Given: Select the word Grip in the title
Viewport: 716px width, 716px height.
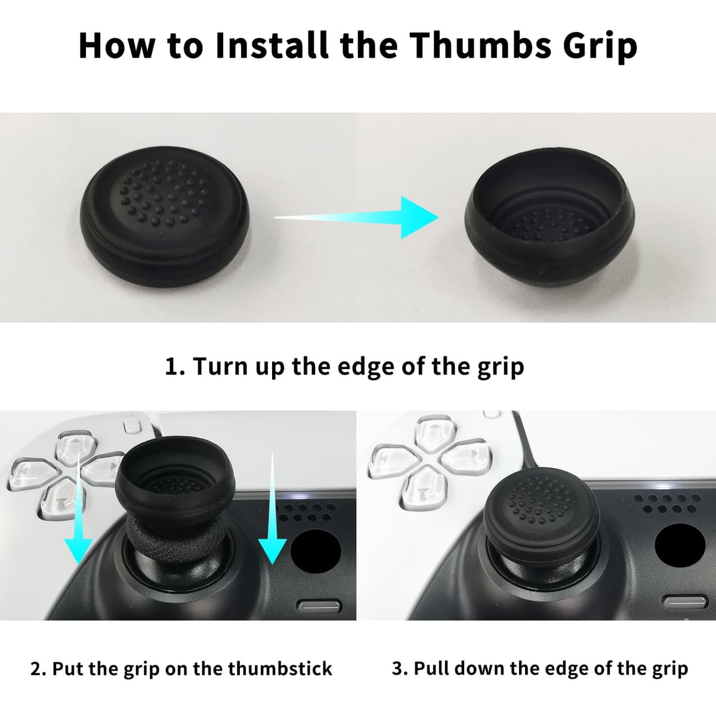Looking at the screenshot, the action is click(x=600, y=47).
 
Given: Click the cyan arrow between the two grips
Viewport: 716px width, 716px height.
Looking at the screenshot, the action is click(x=356, y=217).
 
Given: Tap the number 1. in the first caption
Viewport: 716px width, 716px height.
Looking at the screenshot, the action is click(x=175, y=367).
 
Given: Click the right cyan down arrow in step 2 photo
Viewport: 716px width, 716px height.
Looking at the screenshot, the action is click(x=272, y=509).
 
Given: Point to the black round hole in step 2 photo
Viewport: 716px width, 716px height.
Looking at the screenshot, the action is click(x=316, y=551).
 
